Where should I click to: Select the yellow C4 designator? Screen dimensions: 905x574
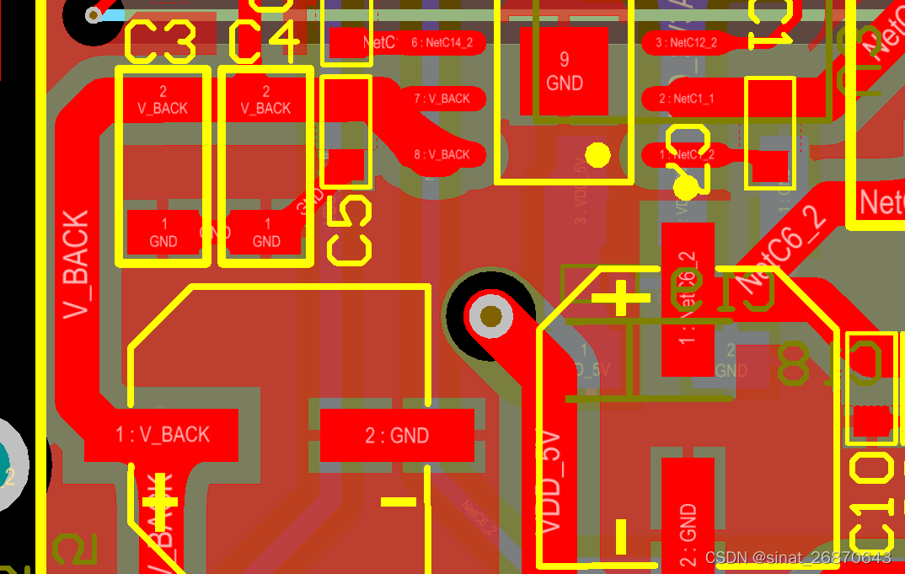[x=264, y=43]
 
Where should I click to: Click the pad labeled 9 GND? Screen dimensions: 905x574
[x=564, y=71]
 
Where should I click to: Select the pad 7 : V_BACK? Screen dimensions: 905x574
[x=442, y=99]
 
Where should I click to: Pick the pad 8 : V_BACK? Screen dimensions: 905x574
[x=442, y=154]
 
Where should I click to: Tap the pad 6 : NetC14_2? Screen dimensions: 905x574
[x=442, y=42]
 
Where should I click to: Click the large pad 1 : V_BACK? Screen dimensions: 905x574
[x=162, y=435]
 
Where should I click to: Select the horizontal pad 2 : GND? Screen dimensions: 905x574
[x=397, y=435]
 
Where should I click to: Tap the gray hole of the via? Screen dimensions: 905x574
[x=490, y=317]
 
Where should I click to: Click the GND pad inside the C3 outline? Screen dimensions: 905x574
[x=163, y=233]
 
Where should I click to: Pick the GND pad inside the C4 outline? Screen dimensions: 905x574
[x=266, y=233]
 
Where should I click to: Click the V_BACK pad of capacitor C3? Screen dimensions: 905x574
[x=163, y=99]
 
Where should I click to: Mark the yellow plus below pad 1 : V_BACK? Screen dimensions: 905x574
[x=159, y=503]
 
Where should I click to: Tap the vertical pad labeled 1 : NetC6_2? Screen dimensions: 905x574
[x=688, y=299]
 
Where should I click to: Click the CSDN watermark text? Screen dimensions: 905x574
[x=797, y=557]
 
